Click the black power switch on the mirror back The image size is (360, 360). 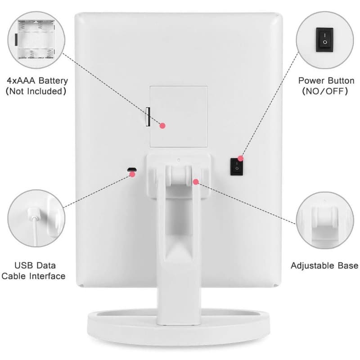point(237,166)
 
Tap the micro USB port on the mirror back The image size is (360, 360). point(132,170)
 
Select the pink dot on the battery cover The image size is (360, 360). point(162,126)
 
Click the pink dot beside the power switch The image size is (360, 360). point(240,158)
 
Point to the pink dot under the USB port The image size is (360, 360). point(132,174)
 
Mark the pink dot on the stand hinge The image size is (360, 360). point(196,182)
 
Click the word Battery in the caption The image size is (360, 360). point(53,81)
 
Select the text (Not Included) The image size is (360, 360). point(36,91)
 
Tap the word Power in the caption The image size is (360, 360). point(311,81)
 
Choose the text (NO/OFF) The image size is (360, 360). point(325,91)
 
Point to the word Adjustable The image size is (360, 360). point(312,266)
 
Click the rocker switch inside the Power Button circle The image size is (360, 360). point(324,40)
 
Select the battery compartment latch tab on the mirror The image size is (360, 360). point(148,117)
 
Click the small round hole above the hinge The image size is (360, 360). point(179,160)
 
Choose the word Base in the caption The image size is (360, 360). point(348,265)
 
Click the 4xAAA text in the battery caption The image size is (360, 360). point(21,81)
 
